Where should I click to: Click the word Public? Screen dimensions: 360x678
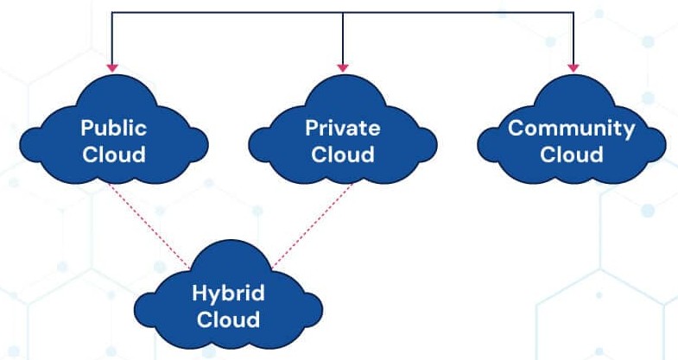tap(114, 129)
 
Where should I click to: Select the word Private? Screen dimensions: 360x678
tap(343, 129)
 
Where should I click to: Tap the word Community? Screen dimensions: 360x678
tap(572, 129)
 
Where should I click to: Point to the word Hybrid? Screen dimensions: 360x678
tap(228, 292)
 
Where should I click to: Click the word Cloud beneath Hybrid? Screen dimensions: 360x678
tap(228, 319)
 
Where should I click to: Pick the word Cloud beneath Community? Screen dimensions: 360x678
tap(572, 155)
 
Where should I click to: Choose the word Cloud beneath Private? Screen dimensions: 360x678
tap(343, 155)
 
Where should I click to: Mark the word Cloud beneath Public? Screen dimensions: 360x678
tap(114, 155)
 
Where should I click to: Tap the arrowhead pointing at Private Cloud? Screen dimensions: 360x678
tap(343, 66)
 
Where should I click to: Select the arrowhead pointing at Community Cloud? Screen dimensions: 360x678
tap(573, 66)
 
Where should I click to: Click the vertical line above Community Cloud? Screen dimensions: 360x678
tap(573, 39)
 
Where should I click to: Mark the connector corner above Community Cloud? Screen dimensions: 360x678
tap(573, 12)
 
